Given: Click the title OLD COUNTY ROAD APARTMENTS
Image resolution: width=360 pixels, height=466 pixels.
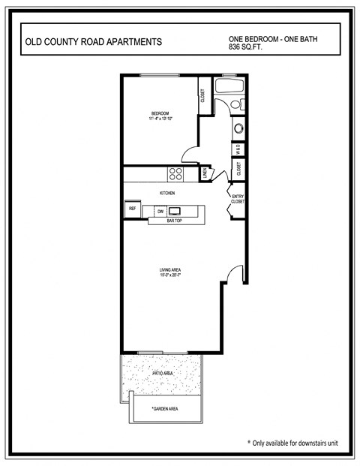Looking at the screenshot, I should coord(93,43).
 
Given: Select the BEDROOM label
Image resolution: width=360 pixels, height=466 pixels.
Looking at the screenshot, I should coord(159,113).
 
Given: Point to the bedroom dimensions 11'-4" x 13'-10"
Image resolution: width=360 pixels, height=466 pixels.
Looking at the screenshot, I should coord(159,119).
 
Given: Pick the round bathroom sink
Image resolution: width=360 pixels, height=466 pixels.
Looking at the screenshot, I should coord(238,128).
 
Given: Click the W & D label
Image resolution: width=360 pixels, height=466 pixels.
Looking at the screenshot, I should coord(238,149).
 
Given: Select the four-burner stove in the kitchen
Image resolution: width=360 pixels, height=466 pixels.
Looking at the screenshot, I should coord(176,174).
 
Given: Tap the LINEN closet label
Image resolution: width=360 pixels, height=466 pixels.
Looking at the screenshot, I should coord(205,174).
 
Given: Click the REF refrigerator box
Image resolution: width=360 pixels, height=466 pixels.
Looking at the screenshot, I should coord(132,208).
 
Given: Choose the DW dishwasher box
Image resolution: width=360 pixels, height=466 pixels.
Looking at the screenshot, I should coord(160,212).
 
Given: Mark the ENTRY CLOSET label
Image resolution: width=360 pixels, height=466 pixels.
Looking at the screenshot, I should coord(238,199).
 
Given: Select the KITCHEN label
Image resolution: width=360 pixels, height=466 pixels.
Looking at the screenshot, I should coord(167,193).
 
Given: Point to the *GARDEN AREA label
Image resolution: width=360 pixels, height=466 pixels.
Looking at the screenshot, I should coord(165,409).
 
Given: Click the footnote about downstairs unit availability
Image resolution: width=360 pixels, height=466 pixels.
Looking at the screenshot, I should coord(292,443).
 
